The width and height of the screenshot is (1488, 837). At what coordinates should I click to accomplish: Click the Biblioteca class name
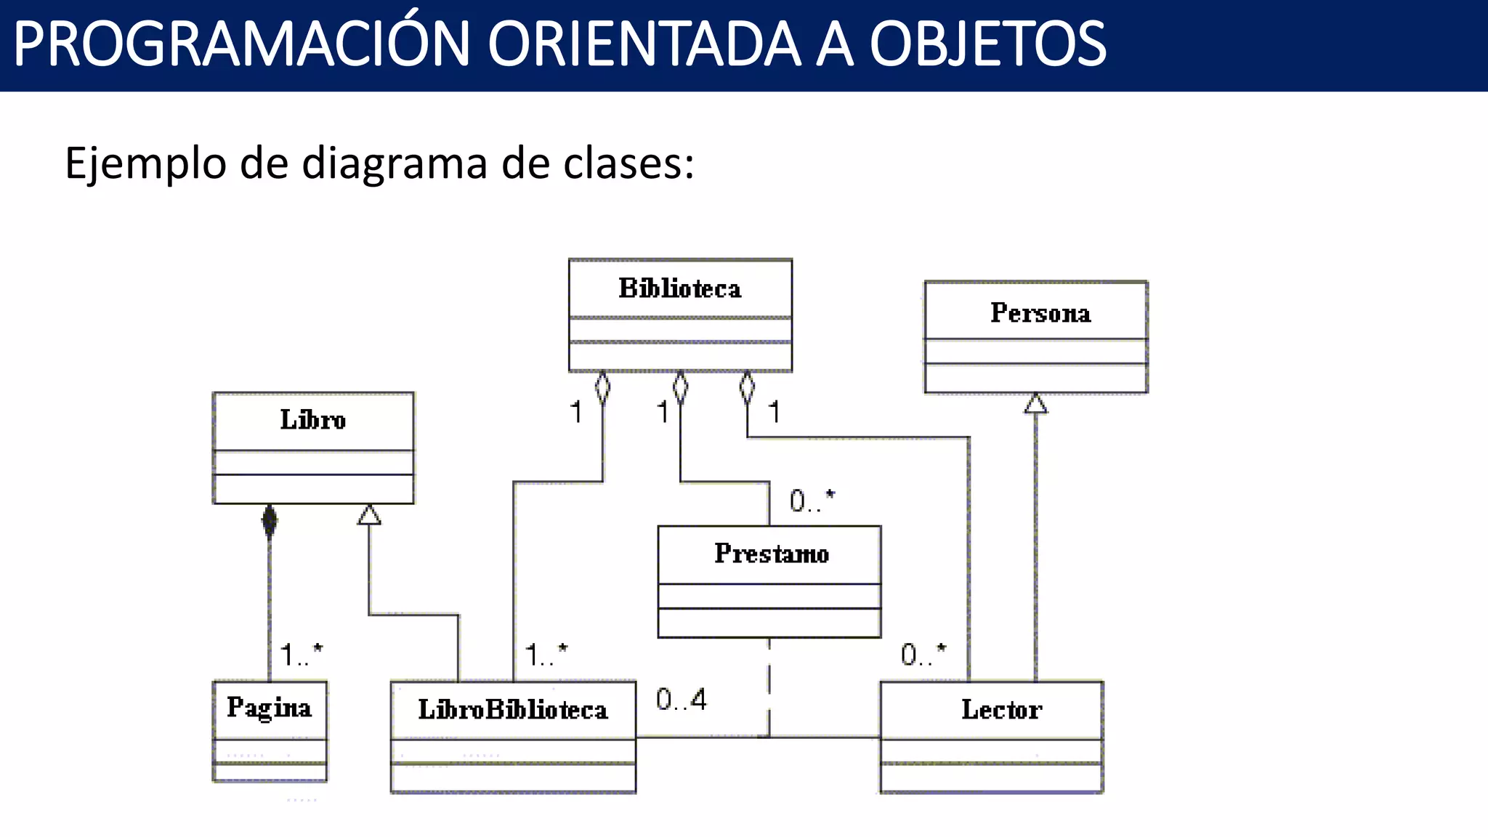pyautogui.click(x=680, y=288)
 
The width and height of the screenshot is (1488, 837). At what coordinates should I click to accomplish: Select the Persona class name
pyautogui.click(x=1040, y=312)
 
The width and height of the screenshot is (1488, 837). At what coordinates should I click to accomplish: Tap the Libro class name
pyautogui.click(x=313, y=420)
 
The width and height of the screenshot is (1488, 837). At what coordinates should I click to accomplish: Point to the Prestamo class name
pyautogui.click(x=771, y=554)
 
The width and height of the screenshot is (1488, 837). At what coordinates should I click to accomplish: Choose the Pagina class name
pyautogui.click(x=269, y=708)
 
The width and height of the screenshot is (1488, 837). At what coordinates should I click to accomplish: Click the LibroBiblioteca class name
pyautogui.click(x=513, y=710)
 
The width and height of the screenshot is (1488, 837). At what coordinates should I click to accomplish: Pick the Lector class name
pyautogui.click(x=1001, y=709)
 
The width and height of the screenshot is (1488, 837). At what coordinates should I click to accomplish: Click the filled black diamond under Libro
pyautogui.click(x=270, y=520)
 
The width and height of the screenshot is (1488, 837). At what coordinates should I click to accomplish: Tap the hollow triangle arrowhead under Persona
pyautogui.click(x=1036, y=403)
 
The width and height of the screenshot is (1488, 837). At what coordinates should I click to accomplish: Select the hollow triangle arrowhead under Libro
pyautogui.click(x=369, y=514)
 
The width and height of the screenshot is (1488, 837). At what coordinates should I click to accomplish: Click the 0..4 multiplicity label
pyautogui.click(x=681, y=700)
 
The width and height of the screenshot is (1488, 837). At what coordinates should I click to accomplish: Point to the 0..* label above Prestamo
pyautogui.click(x=812, y=501)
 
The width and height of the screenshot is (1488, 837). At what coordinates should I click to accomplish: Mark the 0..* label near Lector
pyautogui.click(x=923, y=655)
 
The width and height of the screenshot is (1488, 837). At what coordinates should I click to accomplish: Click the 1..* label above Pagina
pyautogui.click(x=301, y=655)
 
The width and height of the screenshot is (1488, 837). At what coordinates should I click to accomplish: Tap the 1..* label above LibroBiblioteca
pyautogui.click(x=546, y=655)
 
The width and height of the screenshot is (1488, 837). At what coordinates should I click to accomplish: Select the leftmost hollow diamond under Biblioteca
pyautogui.click(x=602, y=387)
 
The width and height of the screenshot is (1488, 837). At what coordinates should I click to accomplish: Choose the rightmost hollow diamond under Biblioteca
pyautogui.click(x=747, y=387)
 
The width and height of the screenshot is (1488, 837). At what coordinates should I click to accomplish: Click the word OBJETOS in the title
pyautogui.click(x=987, y=44)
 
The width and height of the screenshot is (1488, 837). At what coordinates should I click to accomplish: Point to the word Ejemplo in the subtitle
pyautogui.click(x=145, y=164)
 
